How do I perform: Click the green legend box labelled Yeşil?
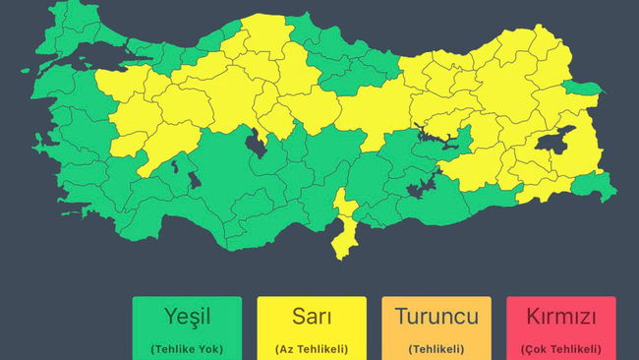[187, 328]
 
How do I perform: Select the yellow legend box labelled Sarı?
[312, 328]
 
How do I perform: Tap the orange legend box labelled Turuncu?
[436, 328]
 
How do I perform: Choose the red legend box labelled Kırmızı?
[561, 328]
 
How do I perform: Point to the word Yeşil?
[187, 317]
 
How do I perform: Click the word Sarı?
[312, 317]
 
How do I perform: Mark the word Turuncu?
[436, 317]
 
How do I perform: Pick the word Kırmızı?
[561, 317]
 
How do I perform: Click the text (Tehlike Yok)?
[187, 349]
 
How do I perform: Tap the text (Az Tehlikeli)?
[312, 349]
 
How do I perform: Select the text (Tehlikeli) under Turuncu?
[436, 349]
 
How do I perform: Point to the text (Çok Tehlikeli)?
[561, 349]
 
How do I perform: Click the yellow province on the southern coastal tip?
[343, 231]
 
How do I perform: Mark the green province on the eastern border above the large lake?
[586, 90]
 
